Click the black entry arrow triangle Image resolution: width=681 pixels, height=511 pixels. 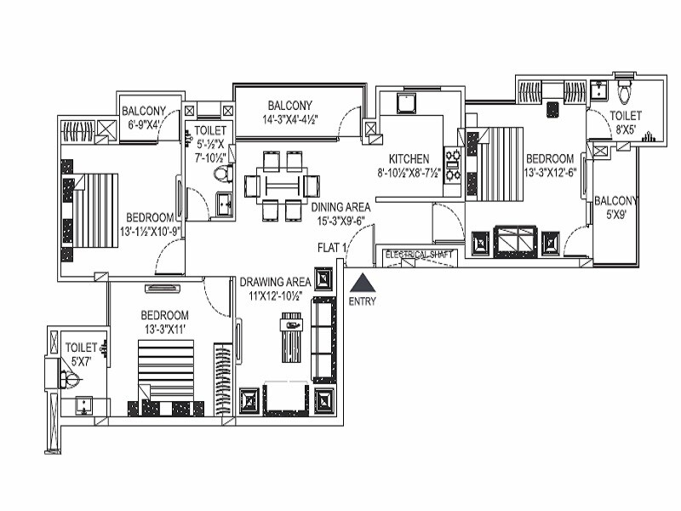point(362,283)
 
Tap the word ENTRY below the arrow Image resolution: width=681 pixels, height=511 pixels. point(362,301)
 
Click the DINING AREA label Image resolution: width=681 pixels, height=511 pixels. point(340,207)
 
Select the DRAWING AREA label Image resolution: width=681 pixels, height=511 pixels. point(274,282)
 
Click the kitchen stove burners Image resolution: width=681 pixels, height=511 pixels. point(453,166)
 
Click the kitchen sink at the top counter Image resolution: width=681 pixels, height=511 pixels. point(406,103)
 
